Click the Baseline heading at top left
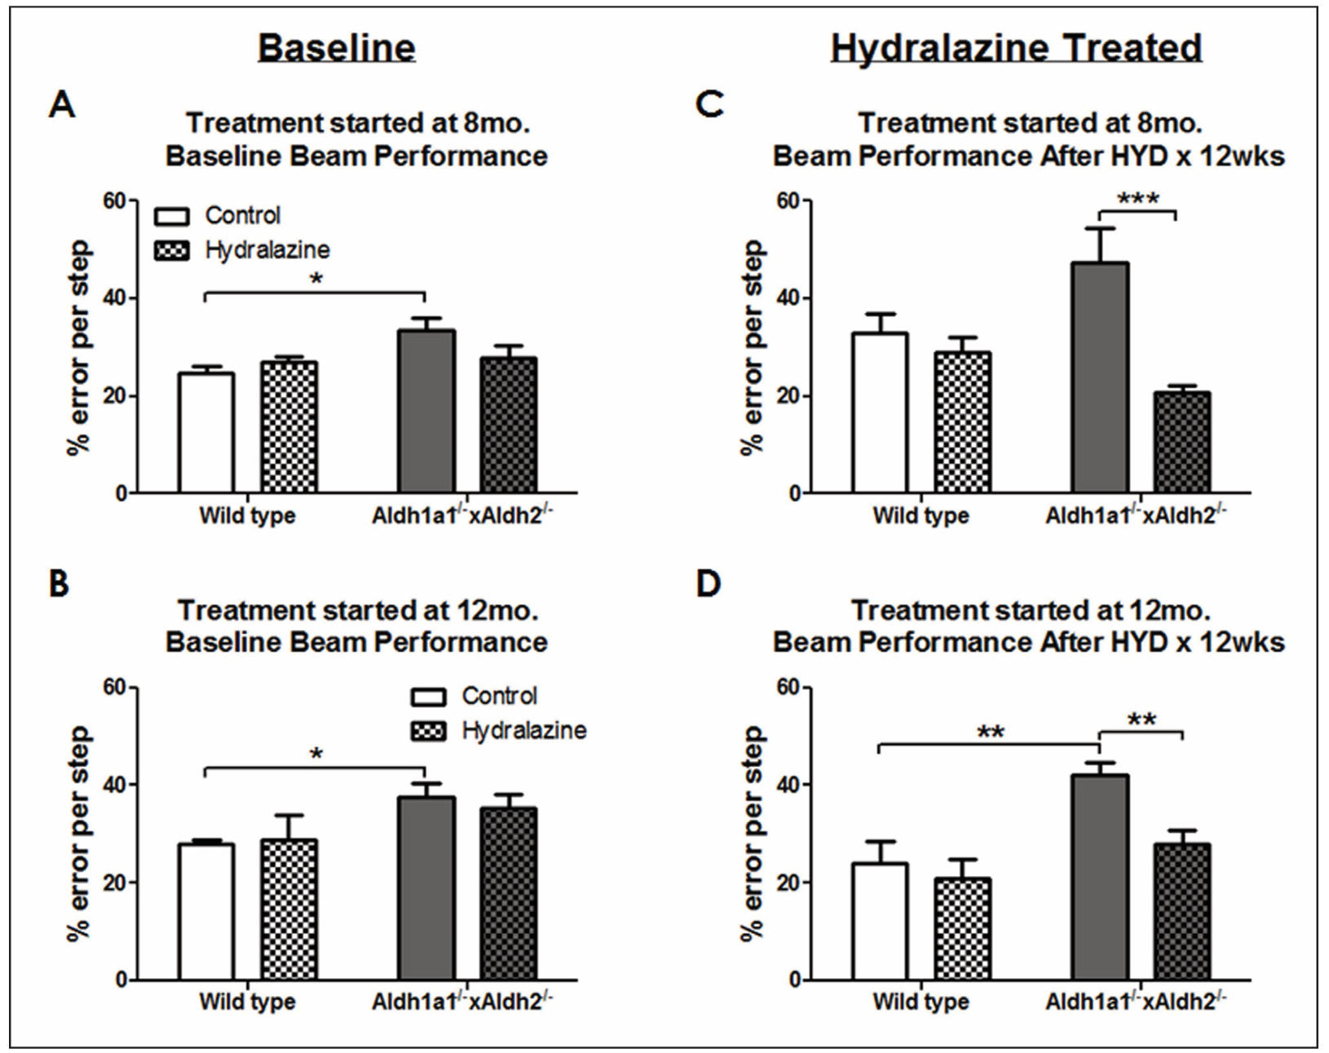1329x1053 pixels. (x=337, y=47)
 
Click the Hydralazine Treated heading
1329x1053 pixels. (x=1016, y=47)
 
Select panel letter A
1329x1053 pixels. (x=62, y=105)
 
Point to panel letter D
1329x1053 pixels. (x=709, y=584)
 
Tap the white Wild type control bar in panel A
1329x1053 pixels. (x=206, y=433)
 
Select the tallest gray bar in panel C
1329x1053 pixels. (x=1101, y=377)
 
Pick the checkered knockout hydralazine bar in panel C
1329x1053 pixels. (x=1182, y=443)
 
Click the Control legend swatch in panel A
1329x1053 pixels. (x=171, y=217)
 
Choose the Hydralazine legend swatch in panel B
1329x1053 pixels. (x=428, y=731)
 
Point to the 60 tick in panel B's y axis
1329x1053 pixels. (x=115, y=688)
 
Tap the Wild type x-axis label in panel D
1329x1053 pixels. (x=921, y=1002)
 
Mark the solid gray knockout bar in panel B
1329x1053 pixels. (x=427, y=888)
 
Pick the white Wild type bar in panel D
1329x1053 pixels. (x=880, y=921)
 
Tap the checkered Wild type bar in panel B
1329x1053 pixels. (x=289, y=910)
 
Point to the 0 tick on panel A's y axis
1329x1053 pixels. (x=121, y=494)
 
